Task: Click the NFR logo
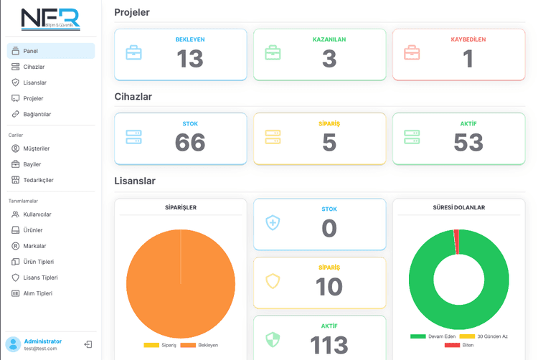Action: (50, 19)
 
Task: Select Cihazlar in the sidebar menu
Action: (34, 67)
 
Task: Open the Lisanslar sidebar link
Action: (34, 82)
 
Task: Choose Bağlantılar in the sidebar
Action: (37, 114)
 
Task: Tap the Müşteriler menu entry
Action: (36, 148)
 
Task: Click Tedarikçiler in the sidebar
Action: (38, 180)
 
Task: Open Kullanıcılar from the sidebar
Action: (37, 214)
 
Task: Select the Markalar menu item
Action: (34, 246)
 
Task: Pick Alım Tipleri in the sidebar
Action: (37, 293)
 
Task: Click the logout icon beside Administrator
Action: (88, 344)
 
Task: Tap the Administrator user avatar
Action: (13, 344)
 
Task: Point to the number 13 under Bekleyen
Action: (190, 59)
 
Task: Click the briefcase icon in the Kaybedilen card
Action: (412, 53)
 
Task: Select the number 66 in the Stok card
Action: (190, 143)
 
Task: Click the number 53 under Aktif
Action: (468, 143)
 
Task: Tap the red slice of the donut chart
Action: (456, 242)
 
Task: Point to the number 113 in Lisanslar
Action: (329, 345)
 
